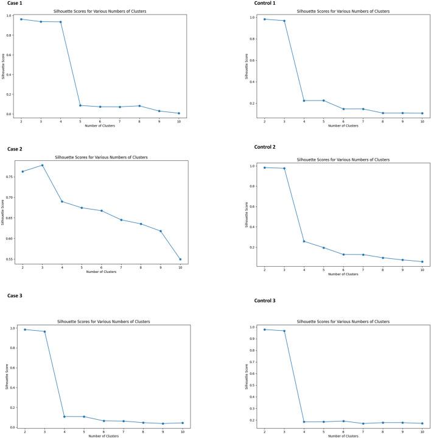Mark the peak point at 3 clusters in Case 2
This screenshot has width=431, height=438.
coord(42,165)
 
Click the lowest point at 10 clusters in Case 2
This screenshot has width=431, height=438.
coord(180,260)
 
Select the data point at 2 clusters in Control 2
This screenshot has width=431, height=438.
coord(264,168)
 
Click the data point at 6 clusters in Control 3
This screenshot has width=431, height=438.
coord(343,421)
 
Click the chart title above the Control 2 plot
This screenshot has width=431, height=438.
coord(343,160)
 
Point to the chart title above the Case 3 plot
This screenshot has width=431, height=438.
coord(103,321)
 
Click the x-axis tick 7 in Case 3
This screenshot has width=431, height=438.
coord(124,431)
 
